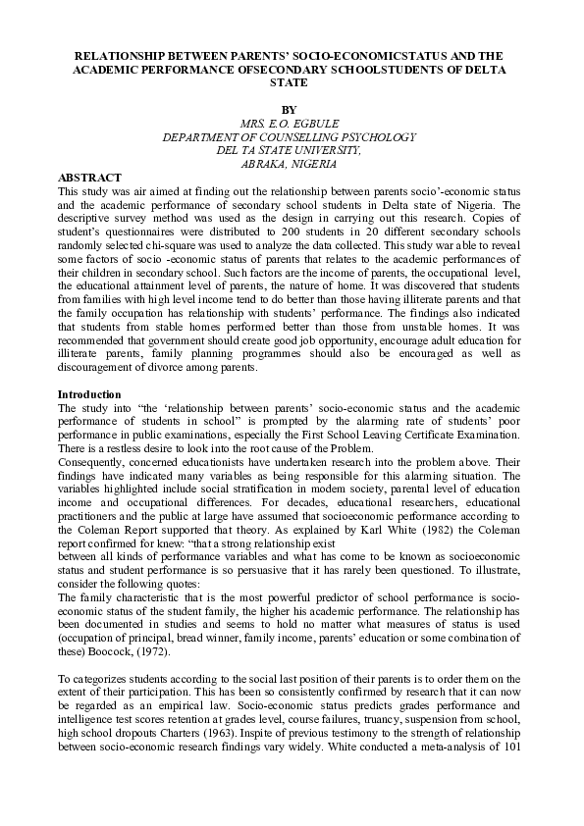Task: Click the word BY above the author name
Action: [x=288, y=109]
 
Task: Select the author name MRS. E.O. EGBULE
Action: [x=288, y=123]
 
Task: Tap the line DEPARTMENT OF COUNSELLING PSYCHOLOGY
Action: [x=288, y=136]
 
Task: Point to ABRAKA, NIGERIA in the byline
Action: [x=288, y=164]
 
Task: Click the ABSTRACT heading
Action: [x=90, y=177]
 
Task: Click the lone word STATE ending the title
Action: [x=288, y=83]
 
